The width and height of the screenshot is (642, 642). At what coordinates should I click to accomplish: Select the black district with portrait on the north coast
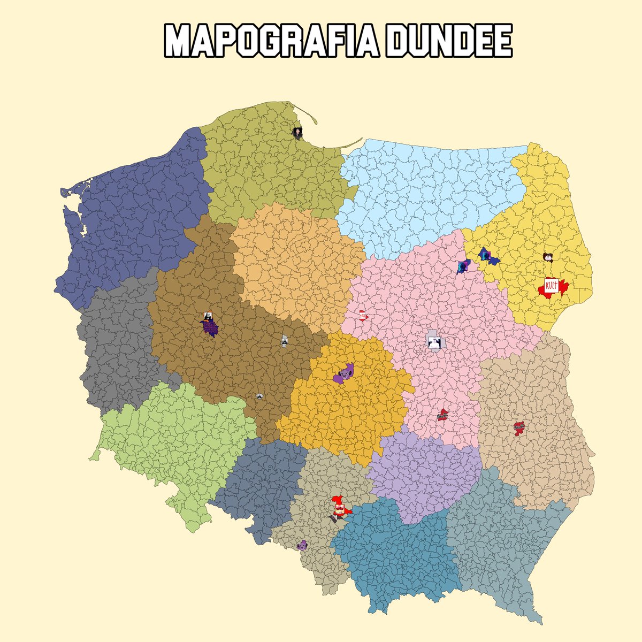tap(296, 131)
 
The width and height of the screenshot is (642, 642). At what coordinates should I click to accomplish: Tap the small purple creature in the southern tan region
tap(302, 545)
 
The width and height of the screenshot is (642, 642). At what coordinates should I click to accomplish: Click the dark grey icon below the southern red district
tap(335, 518)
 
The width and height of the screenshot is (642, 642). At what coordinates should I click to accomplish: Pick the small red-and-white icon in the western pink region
tap(363, 315)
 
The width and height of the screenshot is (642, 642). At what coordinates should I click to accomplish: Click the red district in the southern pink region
tap(442, 415)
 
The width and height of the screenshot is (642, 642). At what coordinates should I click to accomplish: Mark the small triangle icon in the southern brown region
tap(259, 396)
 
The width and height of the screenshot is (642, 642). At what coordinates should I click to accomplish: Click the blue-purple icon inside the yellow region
tap(487, 256)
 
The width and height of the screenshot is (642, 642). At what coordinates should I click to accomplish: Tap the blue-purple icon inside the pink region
tap(463, 266)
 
